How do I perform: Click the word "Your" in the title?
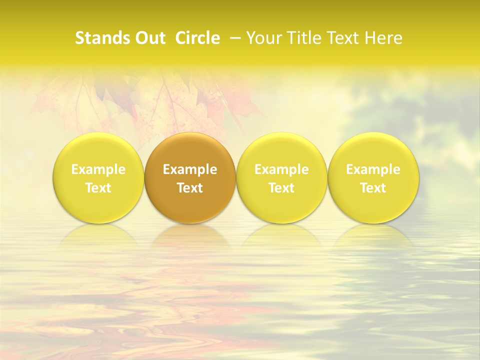(x=263, y=38)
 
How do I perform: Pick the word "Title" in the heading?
(x=303, y=38)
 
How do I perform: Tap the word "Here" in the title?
(x=385, y=38)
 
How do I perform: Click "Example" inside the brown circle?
(x=190, y=169)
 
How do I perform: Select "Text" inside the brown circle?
(x=190, y=188)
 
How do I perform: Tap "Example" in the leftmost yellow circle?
(x=98, y=169)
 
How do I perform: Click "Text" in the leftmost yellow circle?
(x=98, y=188)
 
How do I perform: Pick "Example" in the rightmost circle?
(x=373, y=169)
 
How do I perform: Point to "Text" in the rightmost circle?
(x=373, y=188)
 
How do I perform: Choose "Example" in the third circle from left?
(x=281, y=169)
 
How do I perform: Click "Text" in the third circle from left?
(x=281, y=188)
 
